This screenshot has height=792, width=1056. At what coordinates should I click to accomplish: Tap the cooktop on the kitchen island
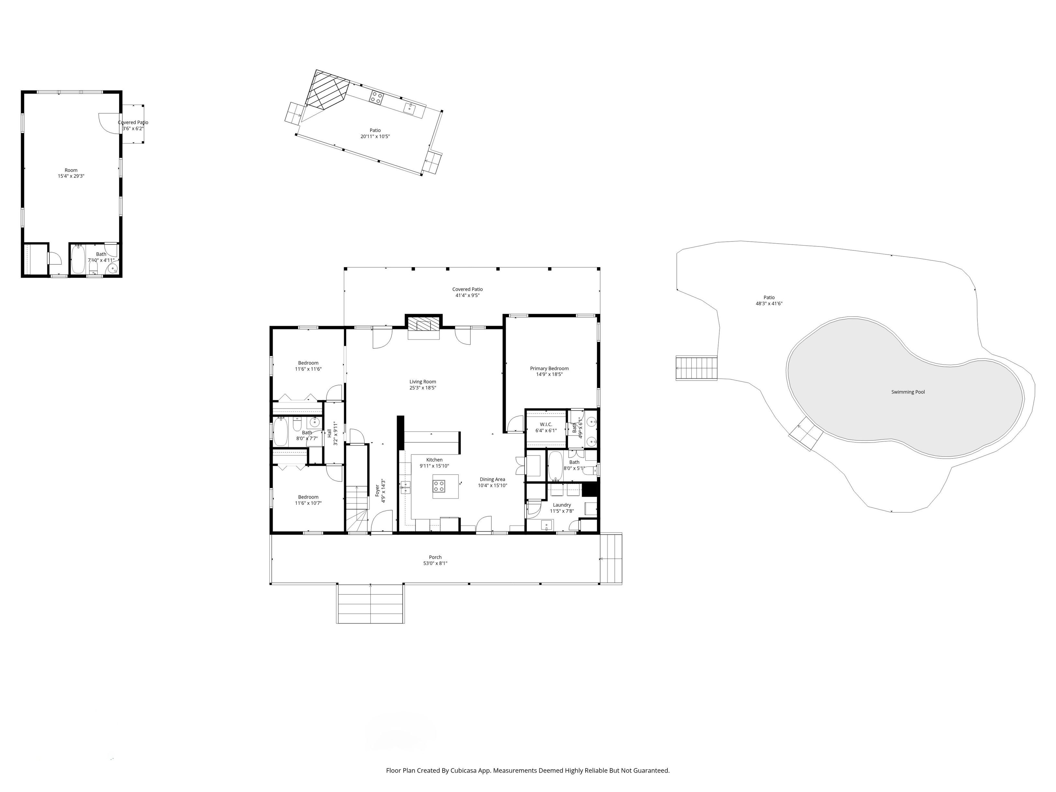tap(439, 486)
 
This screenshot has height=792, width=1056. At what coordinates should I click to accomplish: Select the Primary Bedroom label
tap(549, 368)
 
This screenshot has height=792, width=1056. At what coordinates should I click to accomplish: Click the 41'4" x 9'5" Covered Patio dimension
tap(467, 295)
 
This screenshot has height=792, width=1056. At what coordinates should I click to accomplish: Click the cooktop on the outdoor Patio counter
tap(376, 97)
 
